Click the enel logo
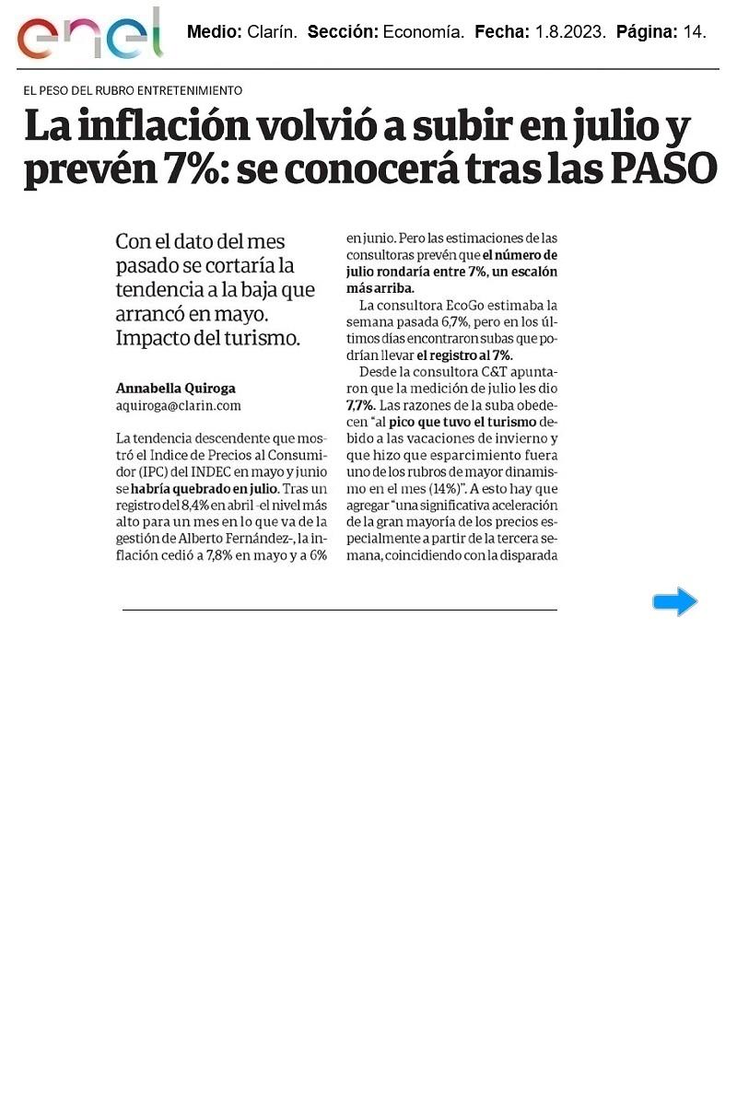click(x=89, y=34)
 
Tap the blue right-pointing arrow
click(x=674, y=602)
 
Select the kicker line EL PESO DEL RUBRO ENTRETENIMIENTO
click(x=134, y=90)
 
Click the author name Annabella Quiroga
click(x=175, y=388)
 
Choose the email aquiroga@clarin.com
click(x=178, y=404)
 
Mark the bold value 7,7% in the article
click(x=359, y=404)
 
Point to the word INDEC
click(x=222, y=471)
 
